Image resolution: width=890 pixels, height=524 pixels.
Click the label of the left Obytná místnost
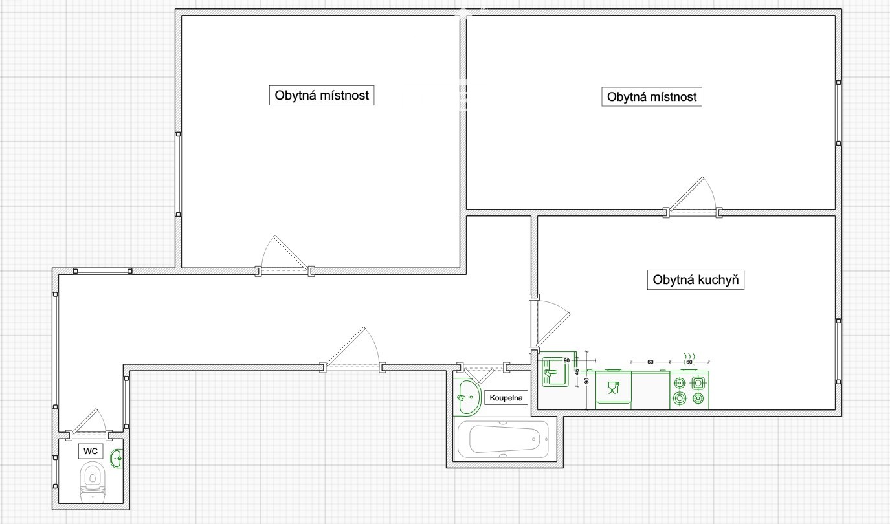click(x=322, y=95)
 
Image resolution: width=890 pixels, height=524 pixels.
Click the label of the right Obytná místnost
click(x=652, y=97)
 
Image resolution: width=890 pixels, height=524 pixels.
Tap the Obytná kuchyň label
click(x=696, y=280)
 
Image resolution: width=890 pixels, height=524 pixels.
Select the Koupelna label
click(x=506, y=398)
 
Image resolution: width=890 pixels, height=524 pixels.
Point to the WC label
click(x=91, y=452)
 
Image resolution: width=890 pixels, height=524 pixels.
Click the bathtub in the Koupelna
click(x=504, y=439)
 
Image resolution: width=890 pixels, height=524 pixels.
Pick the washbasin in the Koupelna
click(x=467, y=397)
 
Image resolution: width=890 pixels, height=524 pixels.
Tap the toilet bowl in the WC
click(x=93, y=481)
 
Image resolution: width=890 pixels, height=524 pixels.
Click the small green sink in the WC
click(x=117, y=459)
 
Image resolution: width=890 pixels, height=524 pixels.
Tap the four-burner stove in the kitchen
click(x=689, y=390)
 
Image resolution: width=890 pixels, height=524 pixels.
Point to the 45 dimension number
click(x=577, y=372)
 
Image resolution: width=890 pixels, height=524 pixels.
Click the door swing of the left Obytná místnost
click(x=285, y=254)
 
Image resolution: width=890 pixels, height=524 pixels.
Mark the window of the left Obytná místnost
click(x=179, y=175)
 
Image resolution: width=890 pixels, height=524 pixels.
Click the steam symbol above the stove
click(x=689, y=355)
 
